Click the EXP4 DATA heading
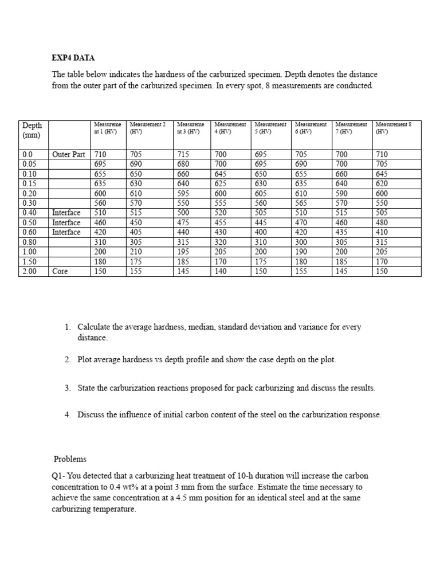point(73,58)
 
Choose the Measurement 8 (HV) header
point(396,127)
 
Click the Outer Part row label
point(68,154)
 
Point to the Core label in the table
point(60,271)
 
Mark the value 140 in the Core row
point(221,271)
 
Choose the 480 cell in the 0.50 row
point(383,222)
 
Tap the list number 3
point(67,388)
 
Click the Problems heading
point(70,459)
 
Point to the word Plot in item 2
point(87,360)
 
